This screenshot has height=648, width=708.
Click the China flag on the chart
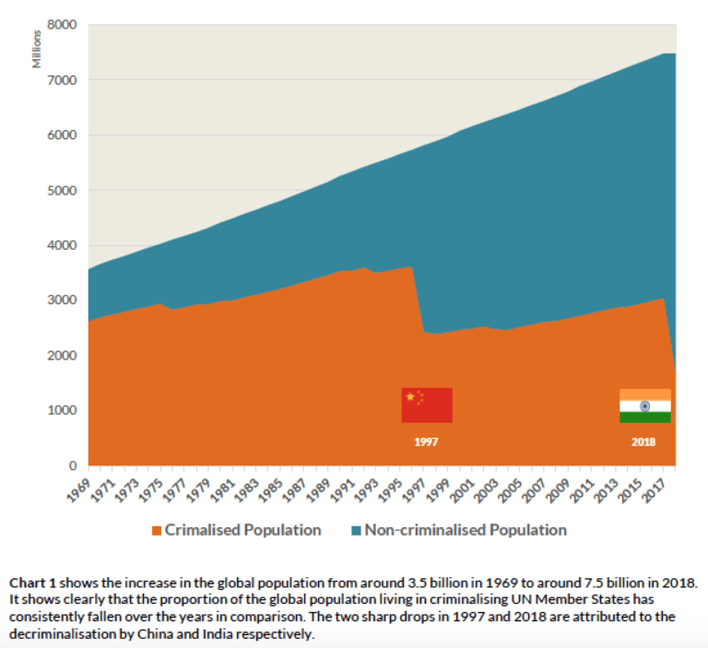point(426,406)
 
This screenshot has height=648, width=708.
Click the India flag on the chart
point(644,406)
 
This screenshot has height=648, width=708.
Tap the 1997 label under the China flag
point(426,442)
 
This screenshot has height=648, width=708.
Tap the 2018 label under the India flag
point(643,442)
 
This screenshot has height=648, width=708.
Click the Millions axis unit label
point(37,50)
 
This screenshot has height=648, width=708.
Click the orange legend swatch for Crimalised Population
point(156,531)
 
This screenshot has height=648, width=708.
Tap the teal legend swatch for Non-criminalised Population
point(356,531)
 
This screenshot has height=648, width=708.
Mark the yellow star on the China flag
point(410,396)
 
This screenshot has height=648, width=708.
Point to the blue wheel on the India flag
point(644,406)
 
